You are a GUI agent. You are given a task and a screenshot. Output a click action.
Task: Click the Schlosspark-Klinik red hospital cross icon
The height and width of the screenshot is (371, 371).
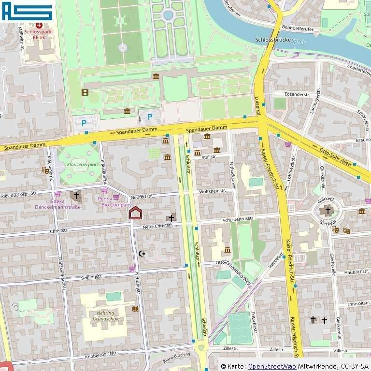point(39,25)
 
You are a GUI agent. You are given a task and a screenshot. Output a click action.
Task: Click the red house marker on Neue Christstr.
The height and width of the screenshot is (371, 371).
point(136,213)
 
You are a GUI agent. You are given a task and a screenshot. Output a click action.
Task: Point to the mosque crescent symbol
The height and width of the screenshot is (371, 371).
point(142,253)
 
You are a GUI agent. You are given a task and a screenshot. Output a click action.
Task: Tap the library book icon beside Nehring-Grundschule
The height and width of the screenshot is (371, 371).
point(135,309)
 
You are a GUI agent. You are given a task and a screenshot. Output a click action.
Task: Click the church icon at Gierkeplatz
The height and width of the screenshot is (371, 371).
point(328,211)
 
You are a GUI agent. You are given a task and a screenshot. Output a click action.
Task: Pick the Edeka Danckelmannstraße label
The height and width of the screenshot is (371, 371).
point(57,204)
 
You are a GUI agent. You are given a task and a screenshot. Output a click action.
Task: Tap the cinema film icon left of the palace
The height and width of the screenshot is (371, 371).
point(85,92)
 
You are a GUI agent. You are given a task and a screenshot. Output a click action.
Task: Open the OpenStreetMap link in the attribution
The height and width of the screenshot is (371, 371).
point(272,366)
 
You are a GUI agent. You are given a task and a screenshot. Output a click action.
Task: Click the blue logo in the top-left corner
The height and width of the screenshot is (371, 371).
point(27,10)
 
